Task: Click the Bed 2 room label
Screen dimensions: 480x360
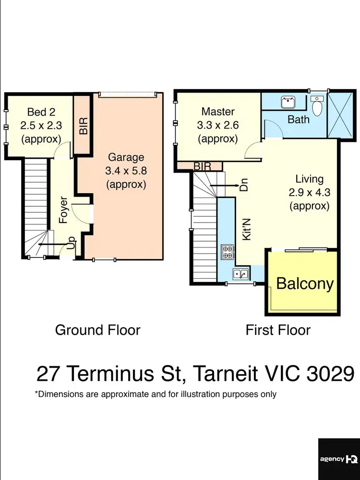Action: (x=41, y=112)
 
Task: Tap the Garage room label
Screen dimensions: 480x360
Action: (x=126, y=157)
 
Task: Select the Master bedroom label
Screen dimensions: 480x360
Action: (x=218, y=112)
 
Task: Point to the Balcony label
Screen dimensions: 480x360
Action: (x=305, y=283)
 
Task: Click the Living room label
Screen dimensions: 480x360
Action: (x=309, y=179)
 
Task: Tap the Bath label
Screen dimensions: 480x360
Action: (x=299, y=119)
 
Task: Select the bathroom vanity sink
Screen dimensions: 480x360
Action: (x=288, y=102)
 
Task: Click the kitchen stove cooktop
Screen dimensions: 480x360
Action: (x=226, y=250)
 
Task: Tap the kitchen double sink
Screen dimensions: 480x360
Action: (x=240, y=274)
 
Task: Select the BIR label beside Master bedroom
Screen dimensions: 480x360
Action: (x=203, y=166)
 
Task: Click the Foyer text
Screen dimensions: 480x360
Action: (x=63, y=210)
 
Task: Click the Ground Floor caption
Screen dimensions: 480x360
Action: (x=97, y=330)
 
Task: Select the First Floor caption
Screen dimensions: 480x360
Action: (x=278, y=330)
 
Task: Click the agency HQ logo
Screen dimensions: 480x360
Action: (x=338, y=459)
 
